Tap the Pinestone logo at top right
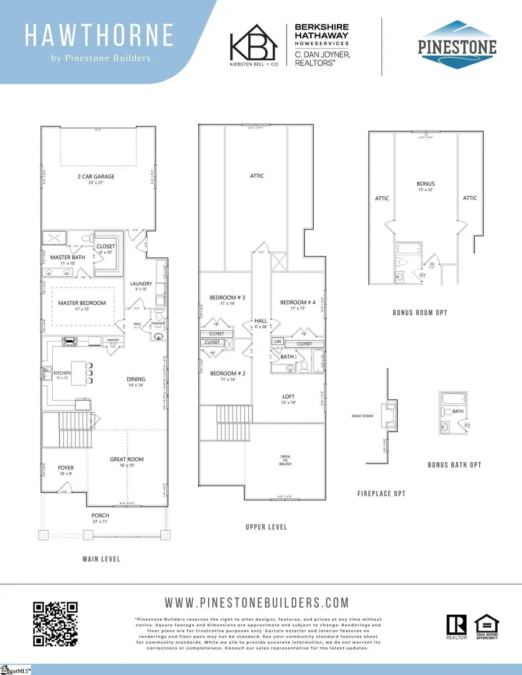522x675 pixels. tap(458, 41)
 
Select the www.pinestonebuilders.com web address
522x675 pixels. tap(257, 603)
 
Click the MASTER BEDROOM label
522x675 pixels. tap(82, 303)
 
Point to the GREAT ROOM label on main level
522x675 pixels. tap(126, 459)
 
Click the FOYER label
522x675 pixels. tap(66, 468)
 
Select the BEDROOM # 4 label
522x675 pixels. tap(298, 302)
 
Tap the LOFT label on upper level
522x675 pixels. tap(289, 397)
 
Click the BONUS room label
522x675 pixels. tap(425, 184)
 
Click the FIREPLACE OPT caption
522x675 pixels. tap(381, 494)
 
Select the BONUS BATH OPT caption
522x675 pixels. tap(454, 465)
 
